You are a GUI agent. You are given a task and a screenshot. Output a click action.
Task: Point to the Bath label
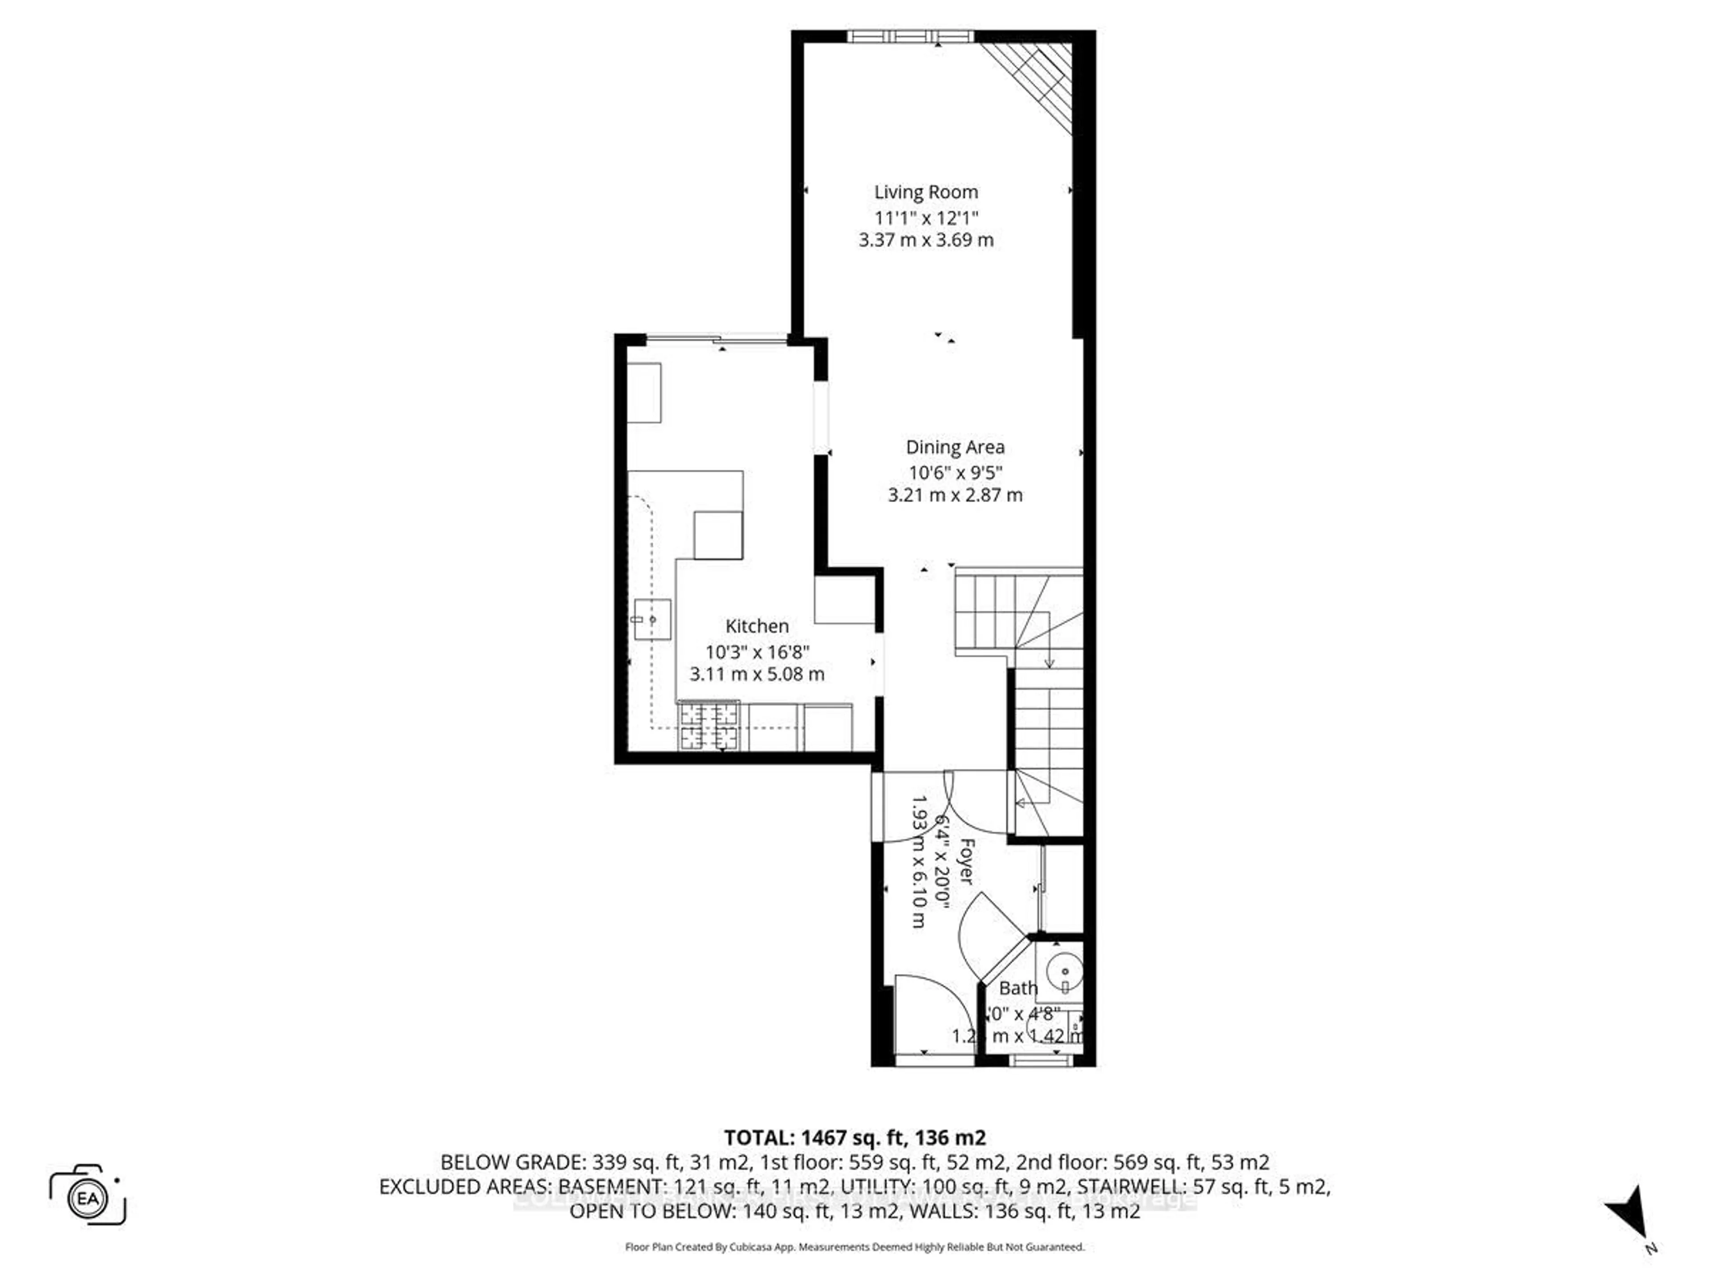1018,988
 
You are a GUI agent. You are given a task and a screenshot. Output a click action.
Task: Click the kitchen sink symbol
651,619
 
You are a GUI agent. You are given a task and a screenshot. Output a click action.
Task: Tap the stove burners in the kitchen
708,726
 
